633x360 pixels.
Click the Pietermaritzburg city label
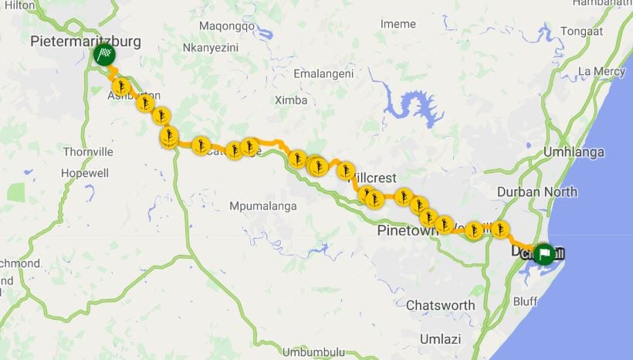tap(85, 41)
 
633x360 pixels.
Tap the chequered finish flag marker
tap(105, 55)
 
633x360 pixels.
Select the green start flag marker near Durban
tap(544, 253)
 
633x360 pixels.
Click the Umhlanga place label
tap(574, 152)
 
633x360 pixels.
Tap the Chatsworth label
tap(440, 305)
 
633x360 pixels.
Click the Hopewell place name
tap(84, 173)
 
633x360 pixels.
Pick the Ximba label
tap(291, 100)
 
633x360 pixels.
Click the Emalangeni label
tap(323, 73)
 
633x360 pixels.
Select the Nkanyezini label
tap(211, 48)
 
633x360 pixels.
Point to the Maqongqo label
tap(226, 25)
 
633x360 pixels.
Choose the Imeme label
tap(398, 24)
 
